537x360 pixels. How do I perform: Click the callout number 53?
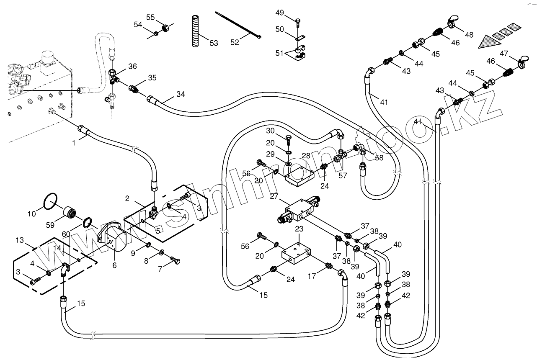(x=214, y=43)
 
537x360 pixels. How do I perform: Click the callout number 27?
(x=274, y=197)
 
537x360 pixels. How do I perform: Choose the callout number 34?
(x=180, y=94)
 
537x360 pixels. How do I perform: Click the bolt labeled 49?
(x=297, y=21)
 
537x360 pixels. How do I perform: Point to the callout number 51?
(x=279, y=53)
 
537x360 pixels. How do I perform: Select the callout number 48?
(x=469, y=35)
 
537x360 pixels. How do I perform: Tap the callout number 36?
(x=132, y=66)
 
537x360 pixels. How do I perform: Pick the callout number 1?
(x=74, y=143)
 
